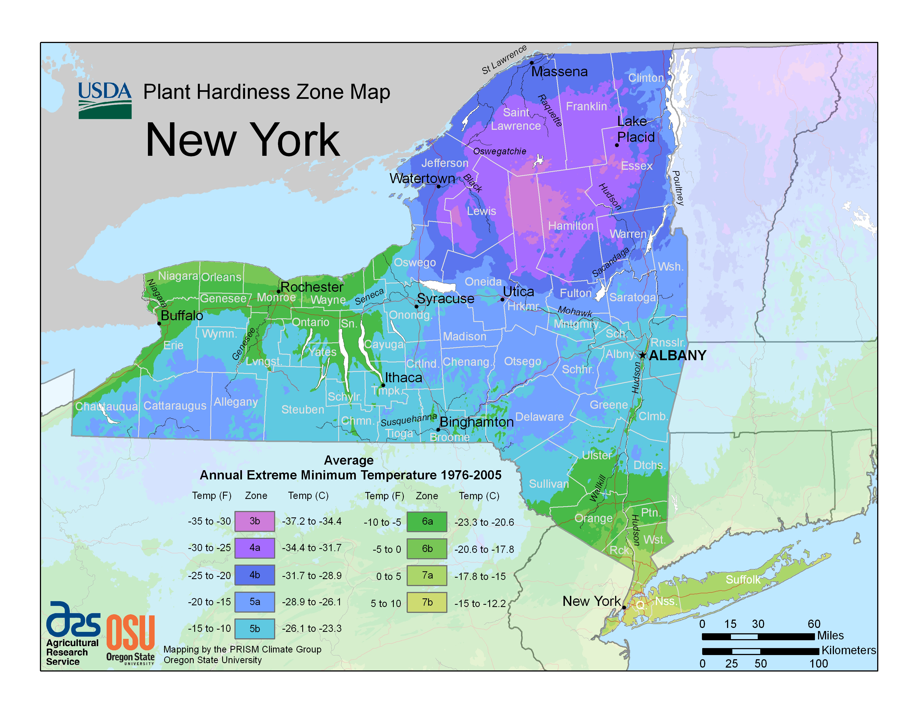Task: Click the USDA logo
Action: click(105, 101)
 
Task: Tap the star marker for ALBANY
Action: click(642, 355)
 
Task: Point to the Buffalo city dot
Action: click(159, 324)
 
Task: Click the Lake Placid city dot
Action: click(617, 145)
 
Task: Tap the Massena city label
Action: click(559, 72)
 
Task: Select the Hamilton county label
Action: click(570, 226)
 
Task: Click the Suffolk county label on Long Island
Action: click(743, 580)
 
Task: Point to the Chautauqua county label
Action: click(106, 407)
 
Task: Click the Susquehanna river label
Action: click(409, 420)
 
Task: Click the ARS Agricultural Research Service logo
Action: click(73, 633)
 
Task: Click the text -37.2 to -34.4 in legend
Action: click(312, 521)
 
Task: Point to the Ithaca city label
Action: click(403, 377)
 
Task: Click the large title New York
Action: click(243, 140)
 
